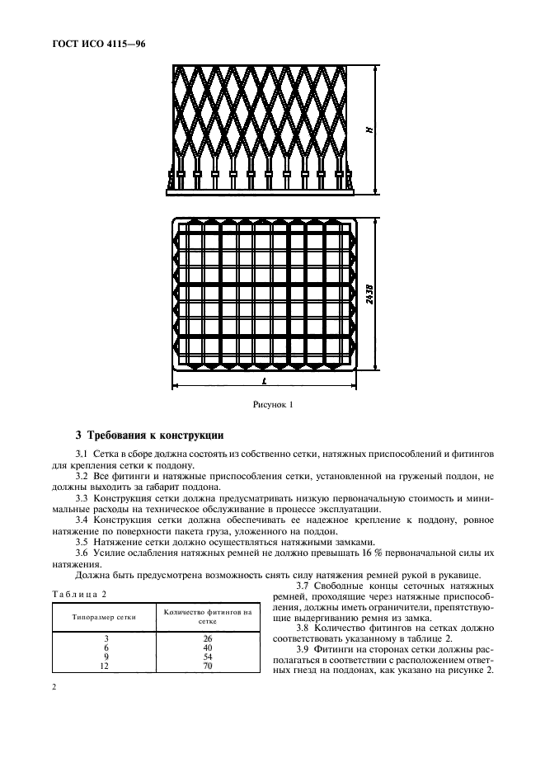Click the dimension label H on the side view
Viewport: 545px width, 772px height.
[370, 129]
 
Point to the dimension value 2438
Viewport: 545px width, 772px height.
[370, 294]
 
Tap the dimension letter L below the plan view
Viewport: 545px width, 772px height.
[262, 382]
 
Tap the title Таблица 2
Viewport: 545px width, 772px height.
[75, 594]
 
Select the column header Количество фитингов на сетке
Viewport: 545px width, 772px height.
[208, 617]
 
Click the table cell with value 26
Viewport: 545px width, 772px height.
[208, 639]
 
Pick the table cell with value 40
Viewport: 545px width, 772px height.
[208, 648]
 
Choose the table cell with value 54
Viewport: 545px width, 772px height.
[208, 657]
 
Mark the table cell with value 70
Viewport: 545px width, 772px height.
[208, 666]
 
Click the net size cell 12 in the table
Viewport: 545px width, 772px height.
[104, 666]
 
